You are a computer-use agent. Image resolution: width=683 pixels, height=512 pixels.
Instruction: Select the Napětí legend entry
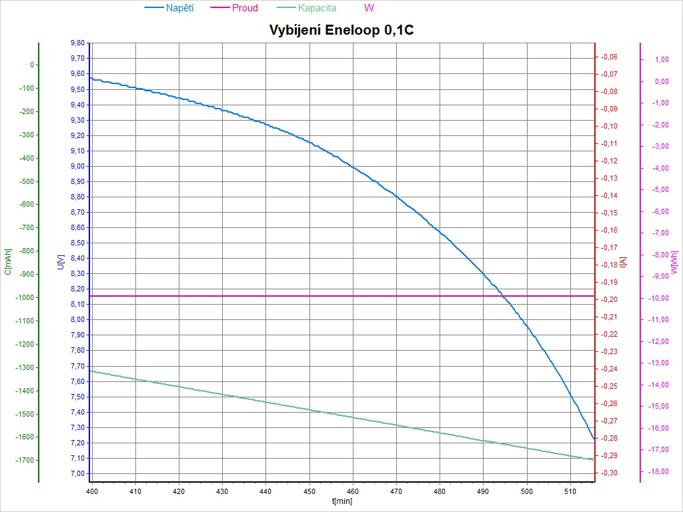click(x=179, y=8)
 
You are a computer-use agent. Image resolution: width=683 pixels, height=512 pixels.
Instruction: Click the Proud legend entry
click(x=245, y=8)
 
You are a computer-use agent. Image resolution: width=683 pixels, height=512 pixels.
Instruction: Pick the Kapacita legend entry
click(x=317, y=8)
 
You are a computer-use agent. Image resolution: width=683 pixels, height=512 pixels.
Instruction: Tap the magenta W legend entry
click(x=370, y=8)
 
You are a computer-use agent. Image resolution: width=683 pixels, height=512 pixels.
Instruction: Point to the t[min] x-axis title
click(x=341, y=500)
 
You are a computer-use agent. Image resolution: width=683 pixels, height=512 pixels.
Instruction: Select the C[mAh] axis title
click(x=8, y=262)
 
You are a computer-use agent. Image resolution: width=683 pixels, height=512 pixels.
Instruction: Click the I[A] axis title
click(x=623, y=262)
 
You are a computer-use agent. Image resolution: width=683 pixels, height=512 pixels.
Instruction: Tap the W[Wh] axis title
click(x=674, y=262)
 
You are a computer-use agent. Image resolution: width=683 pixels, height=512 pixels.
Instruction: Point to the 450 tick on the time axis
click(x=309, y=491)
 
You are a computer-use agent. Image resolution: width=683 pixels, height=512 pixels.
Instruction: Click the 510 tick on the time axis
click(x=571, y=491)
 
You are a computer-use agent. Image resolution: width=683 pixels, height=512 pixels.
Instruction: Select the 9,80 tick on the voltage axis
click(x=77, y=43)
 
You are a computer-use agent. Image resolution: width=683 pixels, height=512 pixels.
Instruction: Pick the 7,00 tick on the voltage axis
click(x=77, y=473)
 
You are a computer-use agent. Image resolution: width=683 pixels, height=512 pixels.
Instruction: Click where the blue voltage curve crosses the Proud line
click(x=504, y=295)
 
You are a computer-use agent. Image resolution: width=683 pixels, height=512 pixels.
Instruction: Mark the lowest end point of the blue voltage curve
click(x=594, y=439)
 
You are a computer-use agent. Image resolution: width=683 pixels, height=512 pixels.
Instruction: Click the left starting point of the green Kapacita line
click(x=91, y=371)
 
